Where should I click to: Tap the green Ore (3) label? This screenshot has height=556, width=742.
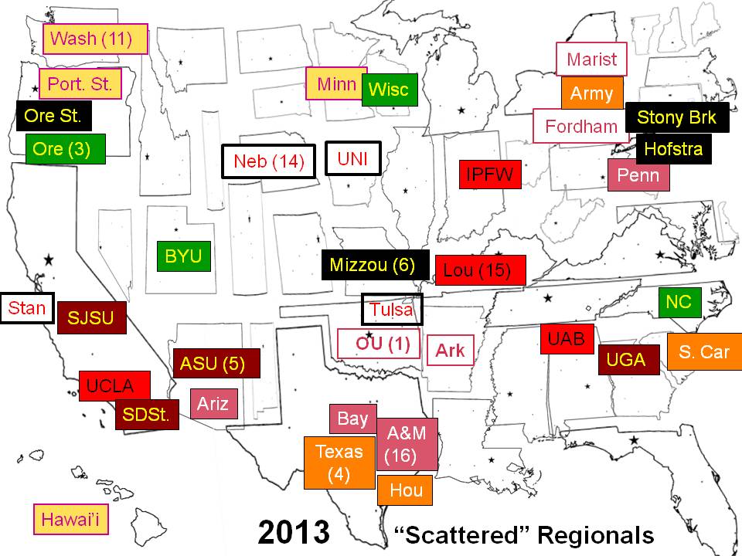[65, 148]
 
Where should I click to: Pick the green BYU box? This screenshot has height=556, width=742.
[183, 256]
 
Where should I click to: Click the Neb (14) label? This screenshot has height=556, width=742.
[269, 161]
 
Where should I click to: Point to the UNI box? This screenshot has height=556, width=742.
[353, 160]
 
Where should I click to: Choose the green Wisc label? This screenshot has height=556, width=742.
[390, 90]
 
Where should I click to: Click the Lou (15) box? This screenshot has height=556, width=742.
[480, 270]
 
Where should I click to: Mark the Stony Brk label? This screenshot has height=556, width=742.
[677, 117]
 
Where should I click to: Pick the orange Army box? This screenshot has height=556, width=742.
[592, 93]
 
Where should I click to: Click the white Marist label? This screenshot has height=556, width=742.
[592, 59]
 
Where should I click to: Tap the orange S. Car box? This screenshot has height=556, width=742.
[704, 351]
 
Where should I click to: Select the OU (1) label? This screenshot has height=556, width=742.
[379, 344]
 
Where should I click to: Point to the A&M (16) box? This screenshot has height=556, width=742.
[407, 444]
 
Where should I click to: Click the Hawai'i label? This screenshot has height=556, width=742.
[72, 519]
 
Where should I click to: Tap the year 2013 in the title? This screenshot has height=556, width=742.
[294, 533]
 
